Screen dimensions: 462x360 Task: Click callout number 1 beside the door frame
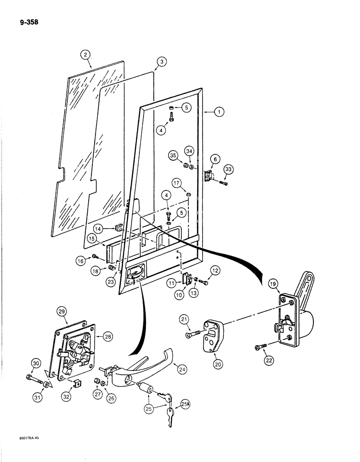219,111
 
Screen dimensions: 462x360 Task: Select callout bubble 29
61,312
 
